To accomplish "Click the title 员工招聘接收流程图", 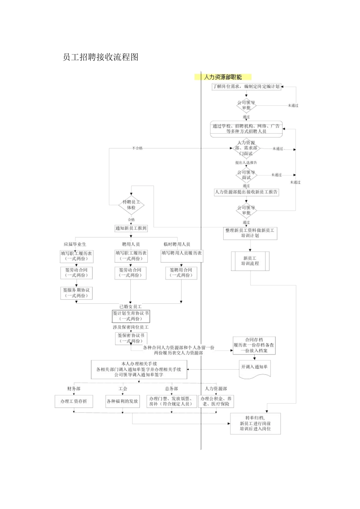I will (100, 57).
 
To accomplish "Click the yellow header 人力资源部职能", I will (223, 77).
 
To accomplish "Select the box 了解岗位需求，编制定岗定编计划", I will (246, 87).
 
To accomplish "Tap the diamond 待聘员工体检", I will (131, 205).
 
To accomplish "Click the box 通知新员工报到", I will (131, 228).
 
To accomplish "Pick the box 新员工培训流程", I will (250, 261).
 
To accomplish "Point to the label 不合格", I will (137, 148).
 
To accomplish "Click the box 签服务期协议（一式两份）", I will (77, 293).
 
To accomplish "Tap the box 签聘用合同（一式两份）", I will (181, 273).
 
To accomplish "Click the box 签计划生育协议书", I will (131, 316).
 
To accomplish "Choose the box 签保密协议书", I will (131, 338).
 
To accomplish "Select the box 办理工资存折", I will (74, 401).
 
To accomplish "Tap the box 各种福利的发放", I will (122, 401).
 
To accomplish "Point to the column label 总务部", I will (171, 389).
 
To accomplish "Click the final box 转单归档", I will (255, 423).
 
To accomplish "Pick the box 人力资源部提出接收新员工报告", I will (246, 192).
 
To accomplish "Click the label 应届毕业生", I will (75, 244).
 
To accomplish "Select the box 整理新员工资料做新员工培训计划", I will (250, 233).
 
